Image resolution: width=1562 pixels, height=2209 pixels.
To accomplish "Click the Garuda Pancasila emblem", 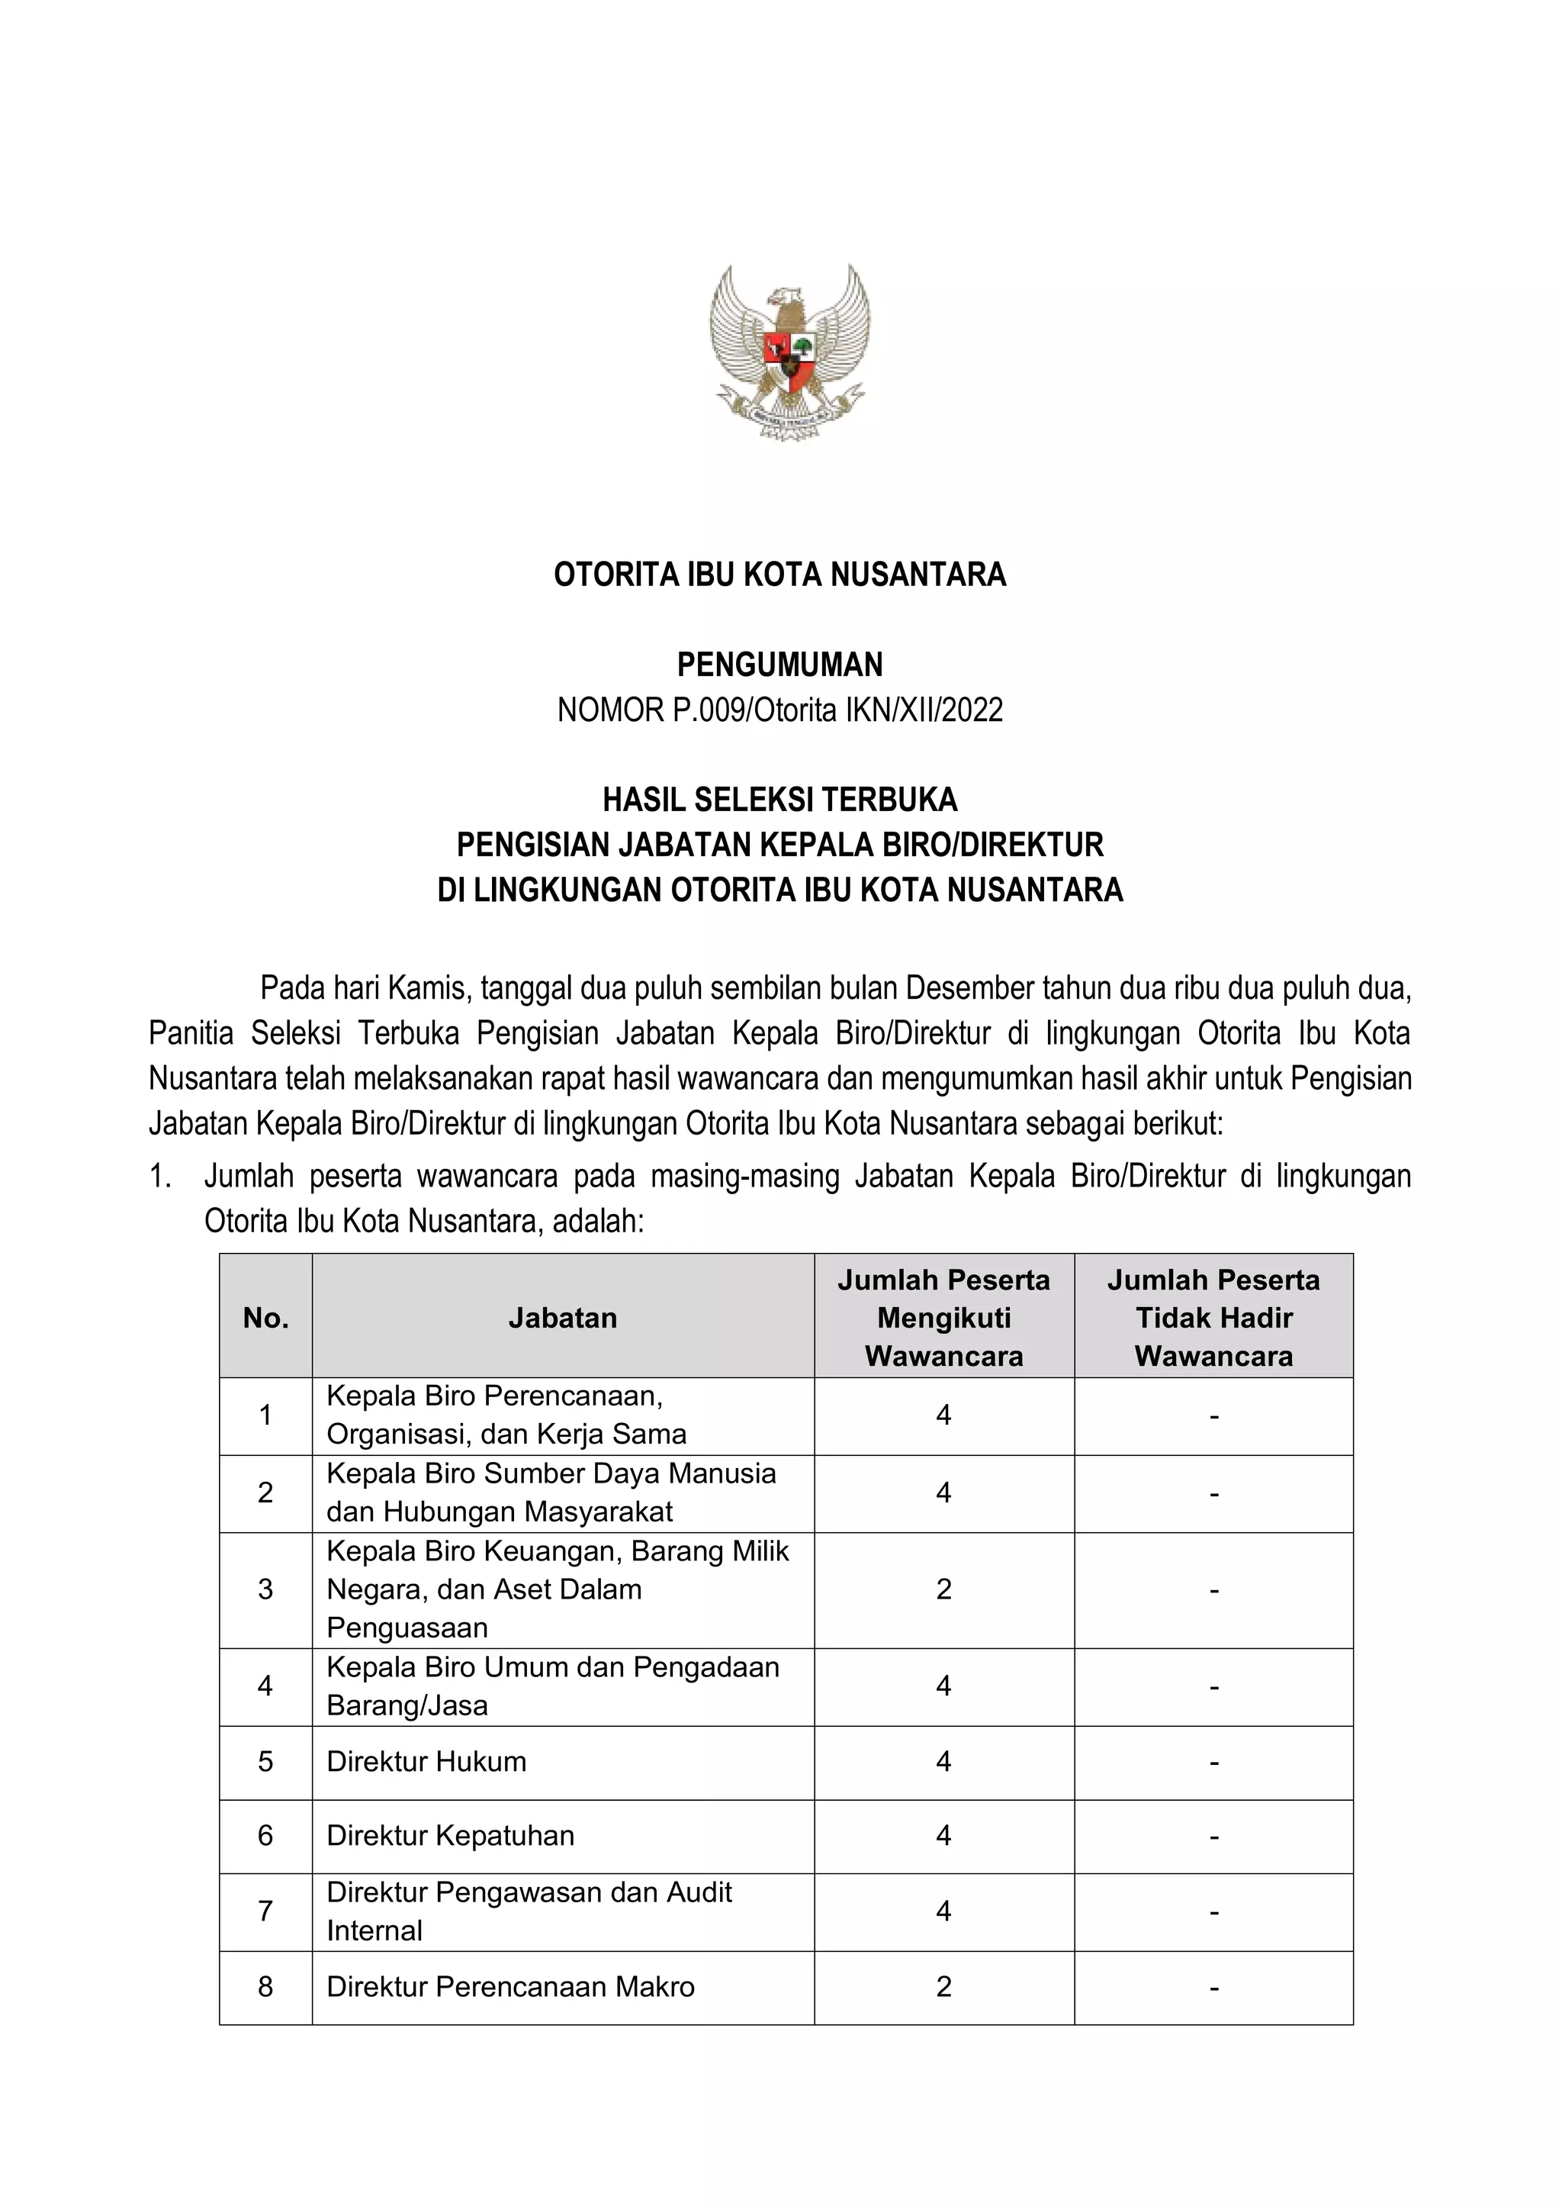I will tap(789, 352).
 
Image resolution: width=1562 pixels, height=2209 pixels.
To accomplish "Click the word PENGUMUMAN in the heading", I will tap(780, 665).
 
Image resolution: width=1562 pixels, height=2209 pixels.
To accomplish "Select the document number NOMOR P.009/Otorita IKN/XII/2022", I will tap(780, 710).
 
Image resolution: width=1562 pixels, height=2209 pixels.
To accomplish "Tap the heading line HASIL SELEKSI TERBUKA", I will tap(780, 800).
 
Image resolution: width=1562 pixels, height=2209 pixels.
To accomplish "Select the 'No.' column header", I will tap(265, 1318).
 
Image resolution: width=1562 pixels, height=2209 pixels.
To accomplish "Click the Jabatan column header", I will tap(563, 1318).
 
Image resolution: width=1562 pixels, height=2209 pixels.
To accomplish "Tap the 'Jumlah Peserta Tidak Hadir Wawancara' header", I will tap(1213, 1318).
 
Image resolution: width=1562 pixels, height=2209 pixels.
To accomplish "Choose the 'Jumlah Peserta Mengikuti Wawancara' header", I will tap(943, 1318).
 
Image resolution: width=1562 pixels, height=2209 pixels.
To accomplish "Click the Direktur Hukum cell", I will tap(427, 1762).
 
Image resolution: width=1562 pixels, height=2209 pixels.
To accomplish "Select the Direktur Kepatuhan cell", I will tap(450, 1836).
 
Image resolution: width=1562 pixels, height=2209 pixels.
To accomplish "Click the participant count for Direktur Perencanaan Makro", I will tap(943, 1987).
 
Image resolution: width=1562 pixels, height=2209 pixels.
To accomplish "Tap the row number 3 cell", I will tap(265, 1589).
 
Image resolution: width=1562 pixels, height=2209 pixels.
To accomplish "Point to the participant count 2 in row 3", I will tap(943, 1589).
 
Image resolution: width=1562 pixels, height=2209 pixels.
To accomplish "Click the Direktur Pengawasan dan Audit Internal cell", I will tap(529, 1911).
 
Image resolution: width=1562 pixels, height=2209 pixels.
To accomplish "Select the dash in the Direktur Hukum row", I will tap(1213, 1763).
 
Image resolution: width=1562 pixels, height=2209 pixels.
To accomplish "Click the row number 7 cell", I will tap(265, 1911).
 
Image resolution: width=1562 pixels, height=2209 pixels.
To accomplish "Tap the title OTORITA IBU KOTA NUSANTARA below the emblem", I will tap(780, 575).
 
